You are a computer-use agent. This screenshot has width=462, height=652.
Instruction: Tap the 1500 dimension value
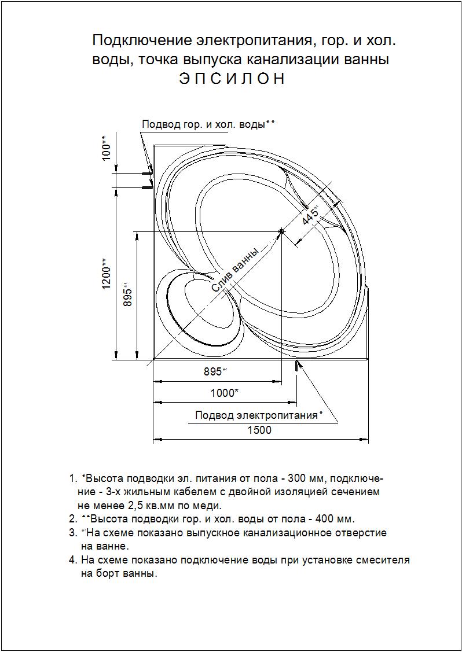(x=259, y=430)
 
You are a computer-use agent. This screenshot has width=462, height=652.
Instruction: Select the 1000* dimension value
(x=224, y=393)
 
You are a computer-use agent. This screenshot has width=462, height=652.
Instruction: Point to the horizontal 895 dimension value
(x=215, y=372)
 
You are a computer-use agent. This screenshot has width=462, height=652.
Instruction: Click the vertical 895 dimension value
(x=129, y=296)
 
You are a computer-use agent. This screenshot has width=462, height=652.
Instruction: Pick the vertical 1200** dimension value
(x=107, y=275)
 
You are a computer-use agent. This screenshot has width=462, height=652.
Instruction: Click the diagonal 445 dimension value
(x=310, y=216)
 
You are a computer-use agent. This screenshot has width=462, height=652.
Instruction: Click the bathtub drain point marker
(x=281, y=231)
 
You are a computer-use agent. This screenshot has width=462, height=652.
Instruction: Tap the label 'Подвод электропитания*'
(x=258, y=415)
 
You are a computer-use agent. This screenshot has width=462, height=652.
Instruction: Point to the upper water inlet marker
(x=148, y=172)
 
